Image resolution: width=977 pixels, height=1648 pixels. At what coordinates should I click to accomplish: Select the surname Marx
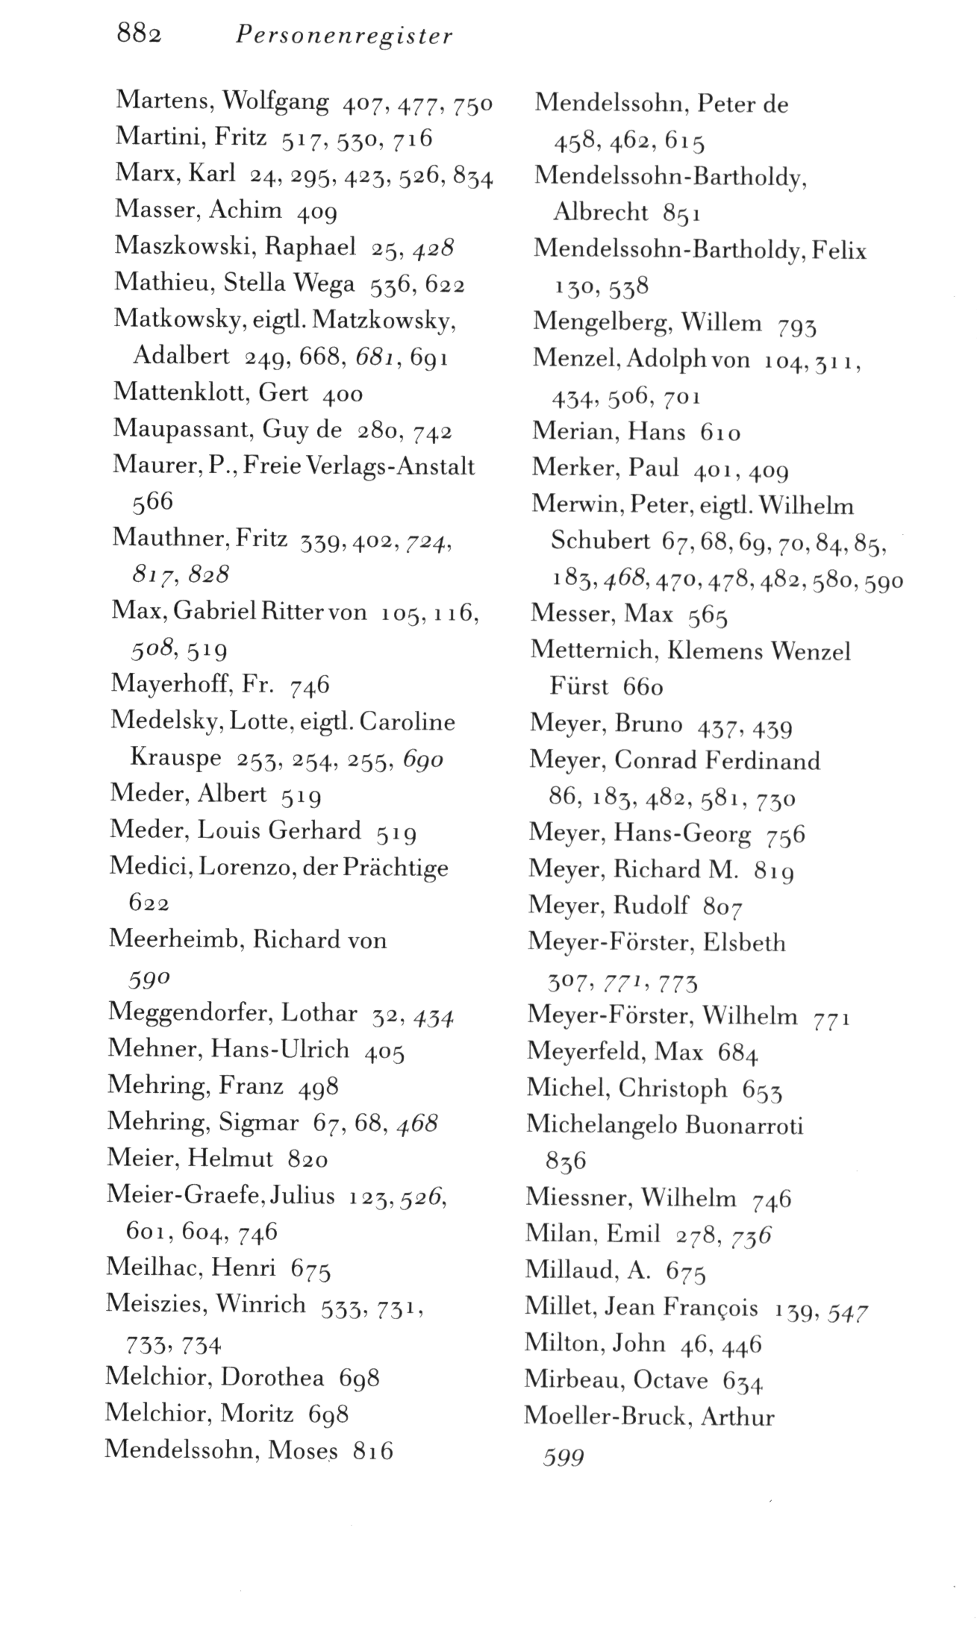tap(146, 173)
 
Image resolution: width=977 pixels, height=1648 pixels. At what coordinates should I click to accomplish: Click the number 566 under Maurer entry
tap(152, 502)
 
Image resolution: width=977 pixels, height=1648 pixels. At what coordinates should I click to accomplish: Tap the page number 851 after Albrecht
tap(681, 213)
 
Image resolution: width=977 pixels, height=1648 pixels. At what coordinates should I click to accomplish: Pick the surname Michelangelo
tap(599, 1124)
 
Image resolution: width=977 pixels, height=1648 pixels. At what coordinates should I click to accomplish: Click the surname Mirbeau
tap(571, 1380)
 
